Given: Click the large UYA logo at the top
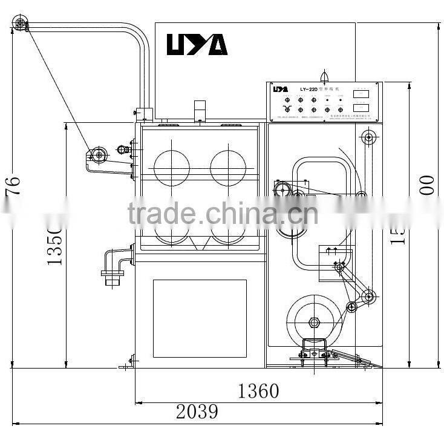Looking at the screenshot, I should click(x=197, y=44).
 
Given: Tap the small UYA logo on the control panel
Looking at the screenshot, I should click(x=280, y=89).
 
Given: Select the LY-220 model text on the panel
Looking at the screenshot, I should click(x=308, y=89).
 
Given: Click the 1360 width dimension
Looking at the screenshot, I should click(x=258, y=391).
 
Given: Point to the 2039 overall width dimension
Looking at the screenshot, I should click(x=197, y=412).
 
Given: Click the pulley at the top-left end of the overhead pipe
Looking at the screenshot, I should click(x=21, y=24).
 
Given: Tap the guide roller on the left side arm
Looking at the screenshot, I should click(x=98, y=156).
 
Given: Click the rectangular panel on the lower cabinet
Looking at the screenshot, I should click(x=200, y=318).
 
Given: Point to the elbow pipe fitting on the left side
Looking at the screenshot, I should click(x=116, y=263).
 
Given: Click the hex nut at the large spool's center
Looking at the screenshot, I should click(x=313, y=321).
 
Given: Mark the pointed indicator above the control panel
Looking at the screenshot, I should click(x=324, y=76).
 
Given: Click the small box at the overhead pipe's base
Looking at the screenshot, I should click(x=144, y=114).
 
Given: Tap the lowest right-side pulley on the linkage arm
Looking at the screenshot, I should click(x=351, y=307).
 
